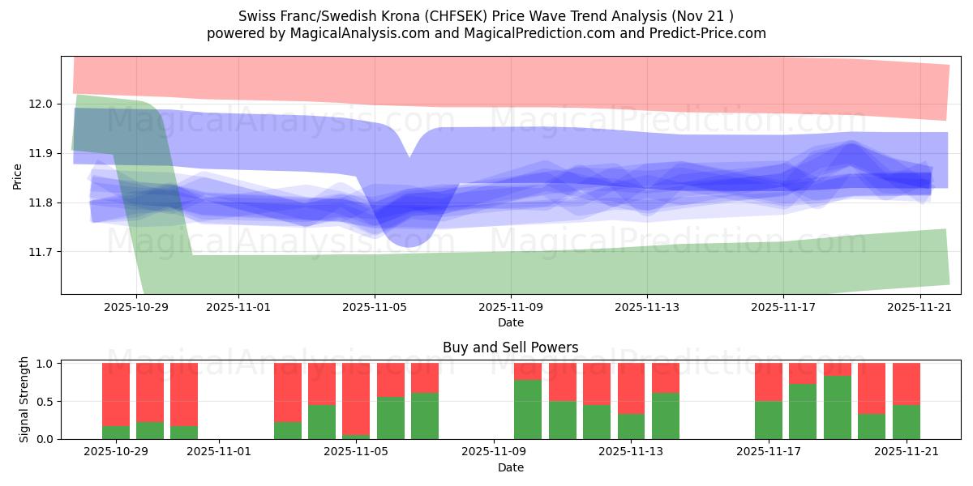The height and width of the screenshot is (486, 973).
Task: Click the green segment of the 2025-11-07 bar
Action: tap(425, 416)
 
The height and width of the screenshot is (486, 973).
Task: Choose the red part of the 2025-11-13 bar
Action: tap(632, 388)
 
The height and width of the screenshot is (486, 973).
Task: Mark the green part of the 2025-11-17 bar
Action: tap(769, 420)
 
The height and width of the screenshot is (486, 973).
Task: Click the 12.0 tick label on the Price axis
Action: tap(42, 104)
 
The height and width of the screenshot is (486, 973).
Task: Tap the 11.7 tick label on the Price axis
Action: tap(42, 252)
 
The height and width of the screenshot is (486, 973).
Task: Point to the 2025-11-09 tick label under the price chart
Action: tap(511, 308)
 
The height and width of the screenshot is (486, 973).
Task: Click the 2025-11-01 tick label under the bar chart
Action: tap(221, 452)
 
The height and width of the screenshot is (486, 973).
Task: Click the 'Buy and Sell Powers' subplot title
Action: tap(511, 347)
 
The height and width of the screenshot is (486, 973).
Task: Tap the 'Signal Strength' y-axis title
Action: tap(24, 399)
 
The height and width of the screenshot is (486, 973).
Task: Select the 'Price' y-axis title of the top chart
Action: tap(18, 176)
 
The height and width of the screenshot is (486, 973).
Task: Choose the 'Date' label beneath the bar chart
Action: tap(511, 467)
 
